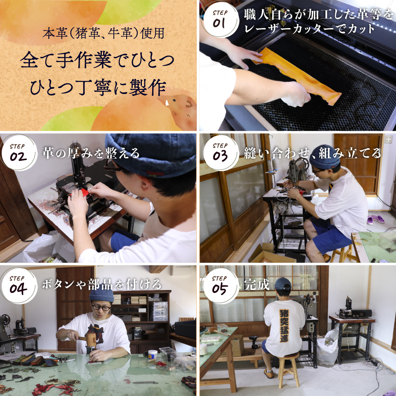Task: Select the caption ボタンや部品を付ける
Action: pos(101,285)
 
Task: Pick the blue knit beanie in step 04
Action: pos(101,295)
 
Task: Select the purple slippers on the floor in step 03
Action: pos(375,219)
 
